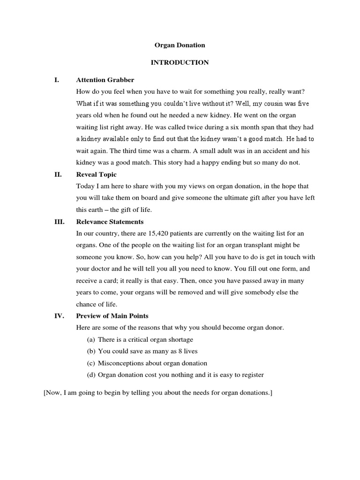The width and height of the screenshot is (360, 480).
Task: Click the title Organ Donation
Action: click(180, 45)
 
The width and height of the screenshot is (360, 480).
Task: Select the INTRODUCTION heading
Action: click(180, 63)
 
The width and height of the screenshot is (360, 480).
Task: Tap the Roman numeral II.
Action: click(58, 174)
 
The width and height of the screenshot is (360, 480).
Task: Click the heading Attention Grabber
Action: click(105, 80)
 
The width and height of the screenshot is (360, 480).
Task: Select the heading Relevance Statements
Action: click(110, 222)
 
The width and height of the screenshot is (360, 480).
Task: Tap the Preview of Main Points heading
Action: click(112, 315)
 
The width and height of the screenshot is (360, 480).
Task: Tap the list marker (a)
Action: click(91, 339)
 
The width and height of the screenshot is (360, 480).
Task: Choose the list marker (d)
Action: click(91, 375)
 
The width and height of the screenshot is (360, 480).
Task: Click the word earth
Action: click(97, 210)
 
